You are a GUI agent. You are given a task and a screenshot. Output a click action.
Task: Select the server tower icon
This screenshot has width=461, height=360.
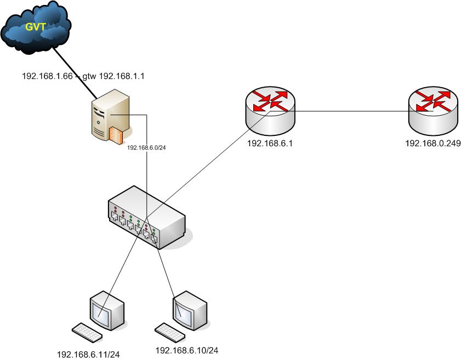point(110,116)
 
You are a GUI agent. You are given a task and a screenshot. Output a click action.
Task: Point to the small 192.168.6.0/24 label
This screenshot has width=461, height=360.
point(146,147)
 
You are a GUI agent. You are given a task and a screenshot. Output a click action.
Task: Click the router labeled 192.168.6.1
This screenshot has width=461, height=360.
point(270,110)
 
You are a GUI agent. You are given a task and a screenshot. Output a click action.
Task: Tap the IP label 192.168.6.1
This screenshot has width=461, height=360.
point(270,144)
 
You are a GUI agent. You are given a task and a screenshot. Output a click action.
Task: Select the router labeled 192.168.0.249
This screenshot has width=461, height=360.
point(432,110)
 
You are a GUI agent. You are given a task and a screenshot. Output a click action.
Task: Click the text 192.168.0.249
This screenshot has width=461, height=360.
point(432,144)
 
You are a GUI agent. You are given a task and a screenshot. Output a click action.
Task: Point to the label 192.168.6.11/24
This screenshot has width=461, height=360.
point(88,354)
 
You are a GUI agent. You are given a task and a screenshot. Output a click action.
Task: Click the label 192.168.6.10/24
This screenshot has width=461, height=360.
point(187,350)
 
